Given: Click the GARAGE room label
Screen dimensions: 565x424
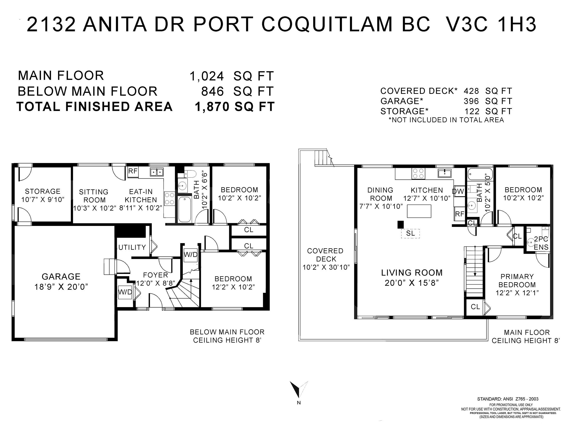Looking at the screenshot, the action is pos(61,277).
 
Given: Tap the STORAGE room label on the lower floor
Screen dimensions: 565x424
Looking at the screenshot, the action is pos(43,191).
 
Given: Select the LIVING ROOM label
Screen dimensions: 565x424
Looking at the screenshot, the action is pos(412,273).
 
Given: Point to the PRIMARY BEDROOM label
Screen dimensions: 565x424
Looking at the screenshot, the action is pos(517,280).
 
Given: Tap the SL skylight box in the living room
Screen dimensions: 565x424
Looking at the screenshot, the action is pos(410,233).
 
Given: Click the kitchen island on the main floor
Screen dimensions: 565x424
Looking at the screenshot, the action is pos(419,211).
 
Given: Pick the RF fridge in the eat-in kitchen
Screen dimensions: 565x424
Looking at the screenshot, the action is pos(133,171).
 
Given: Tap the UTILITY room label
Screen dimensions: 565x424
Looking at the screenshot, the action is pos(132,247).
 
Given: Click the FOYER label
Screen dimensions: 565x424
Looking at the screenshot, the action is pos(155,275).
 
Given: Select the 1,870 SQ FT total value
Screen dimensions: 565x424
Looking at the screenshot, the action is pos(235,107).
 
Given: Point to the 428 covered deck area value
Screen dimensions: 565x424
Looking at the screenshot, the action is pos(471,91).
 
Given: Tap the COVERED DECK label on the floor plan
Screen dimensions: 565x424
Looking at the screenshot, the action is pos(325,255).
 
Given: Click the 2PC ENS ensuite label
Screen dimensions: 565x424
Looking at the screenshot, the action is pos(541,243).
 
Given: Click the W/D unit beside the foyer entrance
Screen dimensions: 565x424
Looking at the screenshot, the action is pos(125,292).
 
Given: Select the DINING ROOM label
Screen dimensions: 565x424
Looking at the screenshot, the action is pos(380,194).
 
